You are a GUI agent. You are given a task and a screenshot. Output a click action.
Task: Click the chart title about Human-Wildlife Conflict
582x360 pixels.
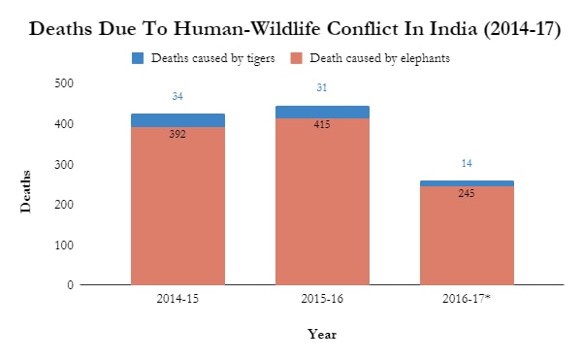coord(295,28)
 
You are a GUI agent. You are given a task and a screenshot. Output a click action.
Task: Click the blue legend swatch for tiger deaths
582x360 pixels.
coord(137,59)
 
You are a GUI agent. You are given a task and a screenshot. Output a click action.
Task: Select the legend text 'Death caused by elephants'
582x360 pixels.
coord(378,59)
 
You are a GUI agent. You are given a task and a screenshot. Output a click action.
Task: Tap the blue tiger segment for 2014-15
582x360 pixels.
coord(178,120)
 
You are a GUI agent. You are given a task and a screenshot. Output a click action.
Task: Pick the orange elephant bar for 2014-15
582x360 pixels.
coord(178,213)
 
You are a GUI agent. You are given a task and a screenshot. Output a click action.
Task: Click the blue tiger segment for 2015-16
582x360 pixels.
coord(322,112)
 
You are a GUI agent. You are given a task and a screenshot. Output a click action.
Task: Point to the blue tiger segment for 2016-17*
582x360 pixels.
coord(467,182)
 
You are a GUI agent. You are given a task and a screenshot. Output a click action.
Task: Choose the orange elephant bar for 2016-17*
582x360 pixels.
coord(467,243)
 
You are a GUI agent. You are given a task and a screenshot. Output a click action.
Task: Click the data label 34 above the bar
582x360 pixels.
coord(178,96)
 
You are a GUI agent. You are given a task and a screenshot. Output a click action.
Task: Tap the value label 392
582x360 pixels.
coord(178,135)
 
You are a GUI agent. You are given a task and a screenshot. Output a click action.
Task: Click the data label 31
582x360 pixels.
coord(322,88)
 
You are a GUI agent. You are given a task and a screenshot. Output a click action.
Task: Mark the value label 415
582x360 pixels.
coord(322,125)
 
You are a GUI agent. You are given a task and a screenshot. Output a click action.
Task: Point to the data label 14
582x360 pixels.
coord(467,163)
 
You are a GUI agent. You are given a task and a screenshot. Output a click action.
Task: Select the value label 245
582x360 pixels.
coord(467,193)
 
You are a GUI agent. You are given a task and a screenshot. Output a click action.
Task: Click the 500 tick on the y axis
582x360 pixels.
coord(65,83)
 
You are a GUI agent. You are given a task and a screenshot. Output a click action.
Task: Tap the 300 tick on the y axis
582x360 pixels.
coord(65,164)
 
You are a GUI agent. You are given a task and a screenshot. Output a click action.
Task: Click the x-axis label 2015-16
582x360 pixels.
coord(322,300)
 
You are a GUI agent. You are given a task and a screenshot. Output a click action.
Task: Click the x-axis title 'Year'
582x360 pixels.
coord(322,334)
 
